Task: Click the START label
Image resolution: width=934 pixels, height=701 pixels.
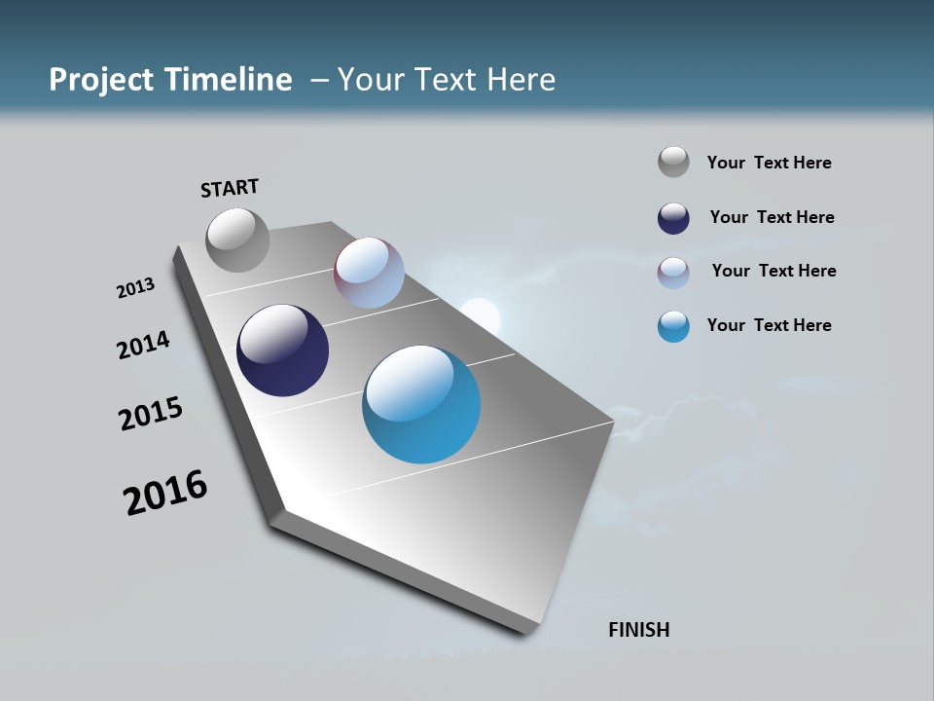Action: point(230,188)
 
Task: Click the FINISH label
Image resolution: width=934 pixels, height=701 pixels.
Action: point(638,630)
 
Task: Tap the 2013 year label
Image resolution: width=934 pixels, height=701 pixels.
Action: point(135,288)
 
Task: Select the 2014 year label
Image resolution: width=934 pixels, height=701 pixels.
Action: point(144,346)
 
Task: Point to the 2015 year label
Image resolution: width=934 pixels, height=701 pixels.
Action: point(151,415)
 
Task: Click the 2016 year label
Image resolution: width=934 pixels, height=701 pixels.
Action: point(165,493)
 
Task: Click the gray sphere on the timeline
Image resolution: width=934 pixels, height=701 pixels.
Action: point(237,240)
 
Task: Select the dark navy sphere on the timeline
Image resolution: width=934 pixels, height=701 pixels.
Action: point(282,350)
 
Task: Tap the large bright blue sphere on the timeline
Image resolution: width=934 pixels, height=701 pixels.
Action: point(421,404)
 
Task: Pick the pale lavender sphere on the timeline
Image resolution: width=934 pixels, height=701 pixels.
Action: point(369,273)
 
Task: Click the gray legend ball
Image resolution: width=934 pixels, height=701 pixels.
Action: point(673,162)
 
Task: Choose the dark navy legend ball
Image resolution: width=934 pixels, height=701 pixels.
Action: point(673,218)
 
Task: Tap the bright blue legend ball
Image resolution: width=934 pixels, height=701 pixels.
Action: point(673,326)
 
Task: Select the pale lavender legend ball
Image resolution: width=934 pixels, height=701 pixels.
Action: point(673,273)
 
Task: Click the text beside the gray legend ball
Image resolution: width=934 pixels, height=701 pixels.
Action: point(769,163)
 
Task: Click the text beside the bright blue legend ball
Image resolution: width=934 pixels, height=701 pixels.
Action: point(769,325)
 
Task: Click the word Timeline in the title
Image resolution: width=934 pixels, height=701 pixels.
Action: point(229,80)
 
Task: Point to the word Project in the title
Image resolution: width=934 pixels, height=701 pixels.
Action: point(102,80)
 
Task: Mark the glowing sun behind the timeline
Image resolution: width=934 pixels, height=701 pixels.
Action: point(480,316)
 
